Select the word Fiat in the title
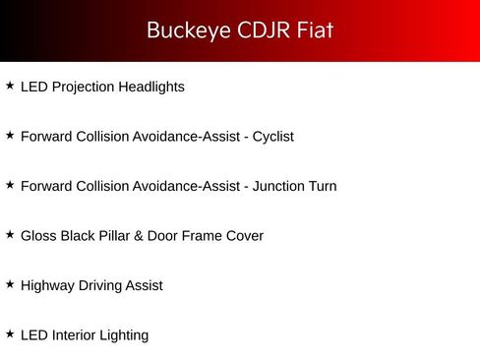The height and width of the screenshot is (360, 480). (x=315, y=30)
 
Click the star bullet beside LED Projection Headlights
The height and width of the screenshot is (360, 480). (x=10, y=86)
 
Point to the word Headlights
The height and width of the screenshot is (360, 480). (x=151, y=87)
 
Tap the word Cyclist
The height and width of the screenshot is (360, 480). (x=273, y=137)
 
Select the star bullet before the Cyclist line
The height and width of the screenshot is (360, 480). (x=10, y=135)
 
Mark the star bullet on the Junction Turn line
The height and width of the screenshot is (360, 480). (x=10, y=185)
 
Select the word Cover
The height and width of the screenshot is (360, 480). (x=244, y=236)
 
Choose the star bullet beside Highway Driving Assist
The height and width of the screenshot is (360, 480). (x=10, y=284)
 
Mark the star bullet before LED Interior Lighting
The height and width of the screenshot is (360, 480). (x=10, y=333)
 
